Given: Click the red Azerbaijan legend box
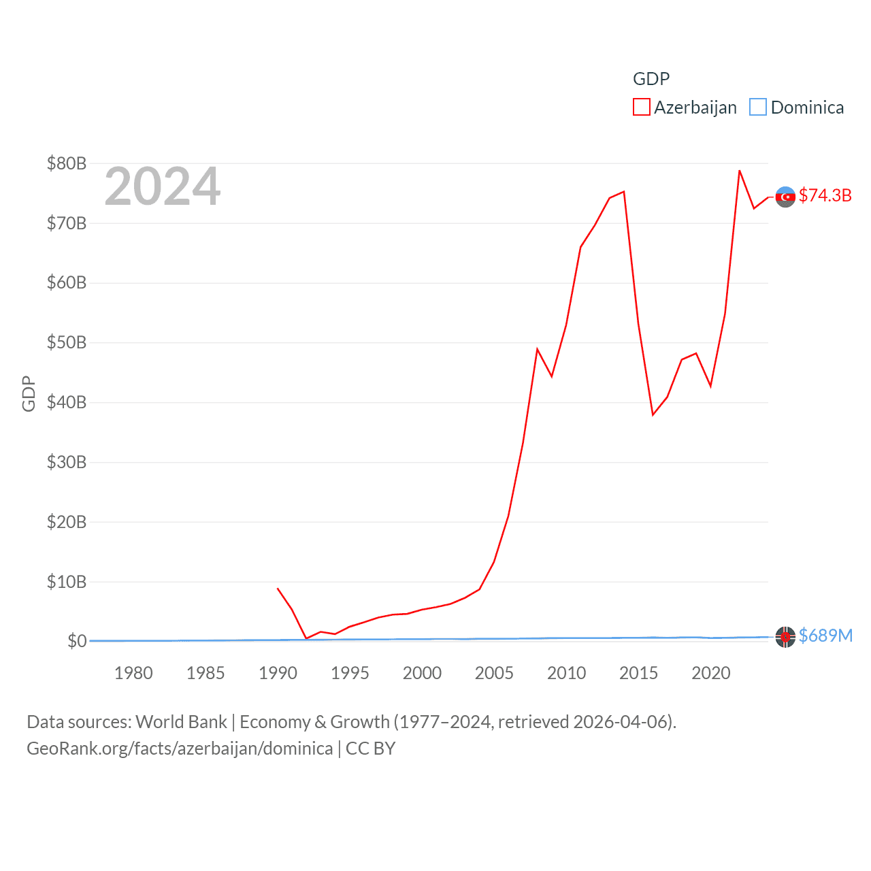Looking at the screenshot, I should pos(641,108).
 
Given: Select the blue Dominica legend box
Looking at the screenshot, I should pos(757,108).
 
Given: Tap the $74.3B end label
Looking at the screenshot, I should pos(825,195).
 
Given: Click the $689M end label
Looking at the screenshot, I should pos(825,636).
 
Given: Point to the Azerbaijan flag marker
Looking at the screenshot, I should pos(785,197).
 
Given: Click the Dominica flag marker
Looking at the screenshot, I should pos(785,637).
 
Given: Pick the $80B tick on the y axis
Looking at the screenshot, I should pos(67,163).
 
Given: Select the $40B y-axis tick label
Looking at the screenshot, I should pos(67,402).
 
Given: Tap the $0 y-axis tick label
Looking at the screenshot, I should pos(77,641).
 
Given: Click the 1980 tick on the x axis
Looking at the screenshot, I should pos(133,673).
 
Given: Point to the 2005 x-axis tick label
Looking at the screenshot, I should pos(494,673).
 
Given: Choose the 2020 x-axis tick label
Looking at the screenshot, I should pos(710,673).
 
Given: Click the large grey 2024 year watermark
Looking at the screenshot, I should pos(163,186).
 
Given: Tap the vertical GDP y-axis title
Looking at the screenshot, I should pos(29,393).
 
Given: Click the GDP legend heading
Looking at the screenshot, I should pos(651,79).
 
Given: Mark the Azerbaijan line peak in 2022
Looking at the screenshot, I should pos(739,170).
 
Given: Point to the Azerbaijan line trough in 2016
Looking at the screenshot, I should pos(653,415).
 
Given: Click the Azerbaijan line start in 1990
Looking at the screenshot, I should pos(278,589).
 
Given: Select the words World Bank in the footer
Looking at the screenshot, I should pos(182,722).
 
